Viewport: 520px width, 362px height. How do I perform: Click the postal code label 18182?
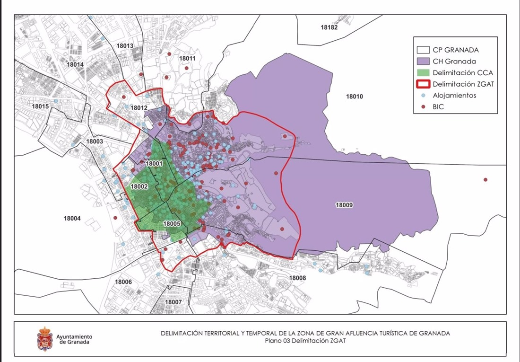tap(329, 27)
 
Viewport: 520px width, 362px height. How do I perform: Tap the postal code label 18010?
tap(354, 97)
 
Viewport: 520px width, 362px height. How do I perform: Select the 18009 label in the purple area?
tap(344, 205)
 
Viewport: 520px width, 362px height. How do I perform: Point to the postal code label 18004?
tap(72, 218)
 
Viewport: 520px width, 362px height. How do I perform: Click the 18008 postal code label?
tap(297, 278)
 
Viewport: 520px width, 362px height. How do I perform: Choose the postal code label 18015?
tap(40, 106)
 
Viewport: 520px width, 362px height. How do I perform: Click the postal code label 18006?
tap(123, 282)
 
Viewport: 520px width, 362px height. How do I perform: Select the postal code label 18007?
tap(173, 302)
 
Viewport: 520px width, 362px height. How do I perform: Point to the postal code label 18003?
tap(95, 141)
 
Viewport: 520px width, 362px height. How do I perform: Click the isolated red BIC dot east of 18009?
tap(485, 180)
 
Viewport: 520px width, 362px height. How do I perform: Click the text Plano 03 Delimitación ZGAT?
tap(305, 341)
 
